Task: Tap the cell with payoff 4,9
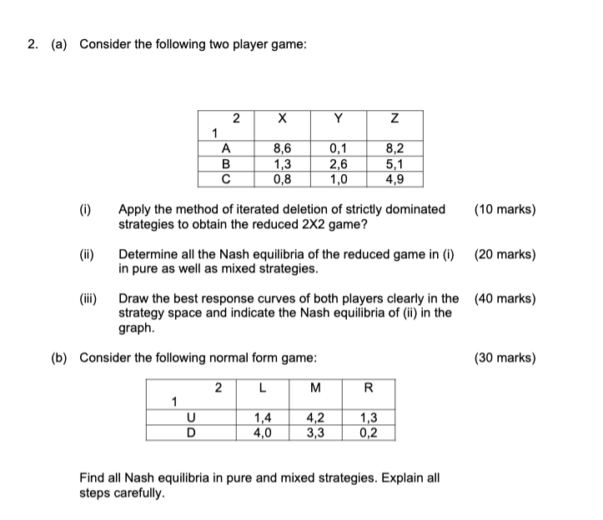click(x=396, y=177)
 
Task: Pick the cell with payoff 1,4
click(x=263, y=419)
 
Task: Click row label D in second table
click(x=191, y=432)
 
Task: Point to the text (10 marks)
click(x=505, y=209)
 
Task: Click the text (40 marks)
click(x=505, y=298)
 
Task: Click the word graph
click(x=137, y=327)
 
